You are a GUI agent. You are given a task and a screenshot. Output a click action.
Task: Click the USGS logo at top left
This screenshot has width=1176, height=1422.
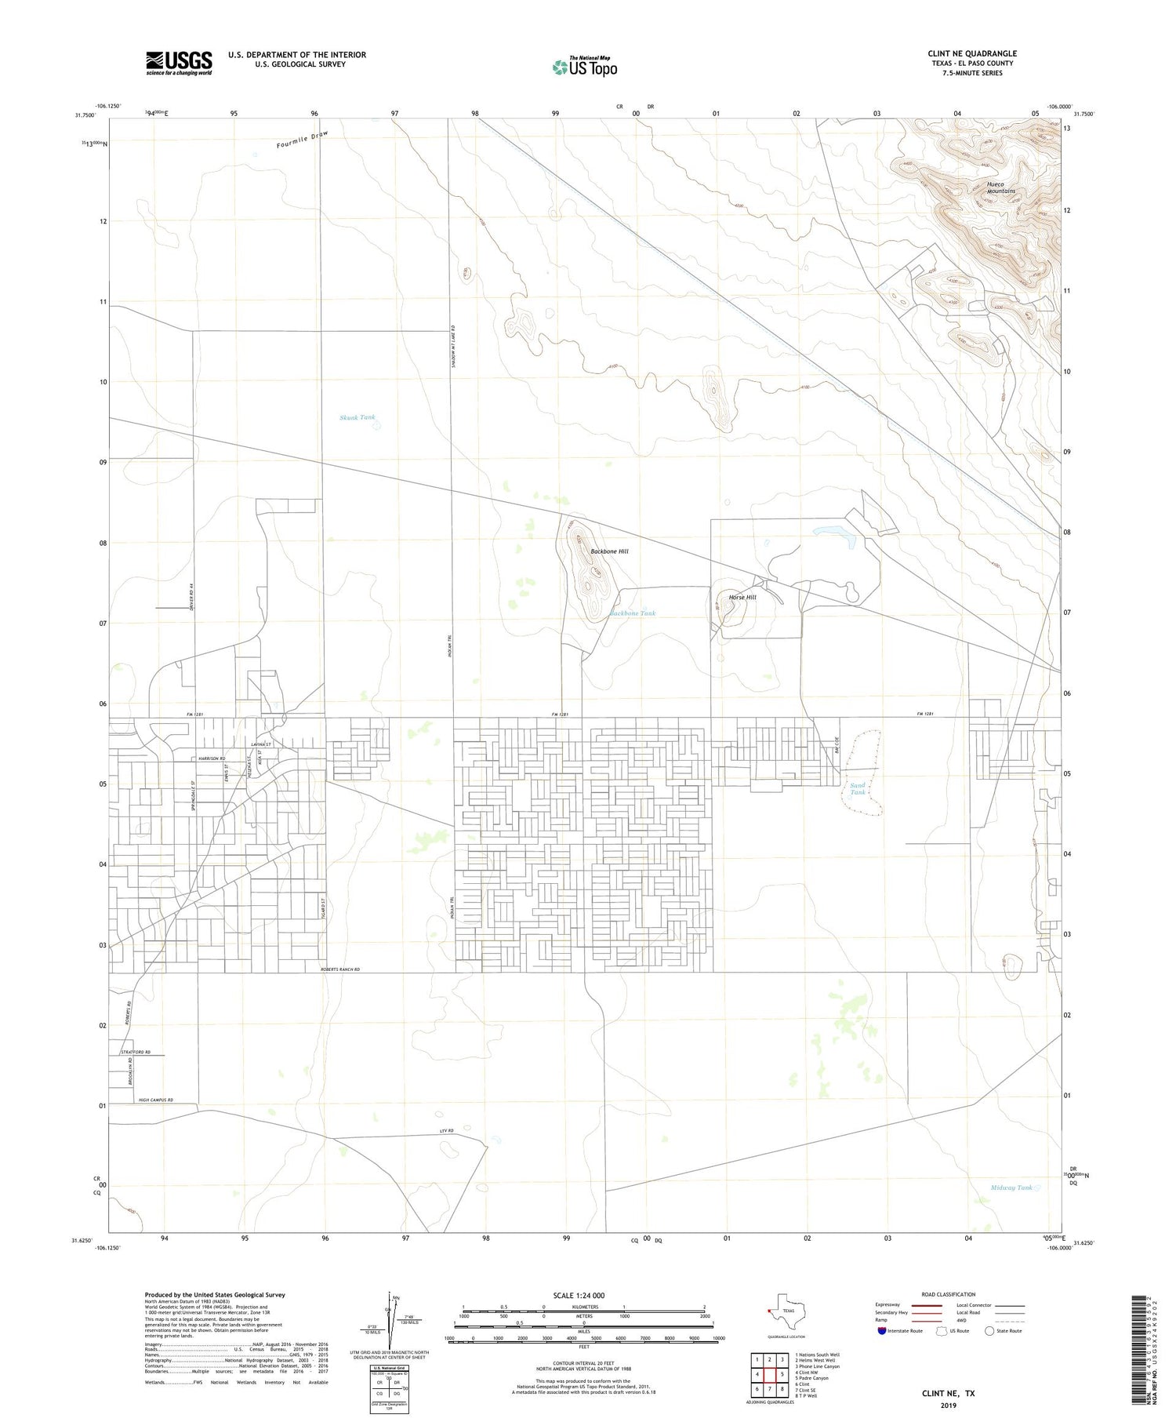179,63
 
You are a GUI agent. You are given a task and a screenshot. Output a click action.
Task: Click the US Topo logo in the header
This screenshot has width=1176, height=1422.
584,67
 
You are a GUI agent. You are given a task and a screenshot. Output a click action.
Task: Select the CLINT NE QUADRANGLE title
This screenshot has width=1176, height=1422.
972,53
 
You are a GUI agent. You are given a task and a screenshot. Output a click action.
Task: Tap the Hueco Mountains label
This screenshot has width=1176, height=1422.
1000,187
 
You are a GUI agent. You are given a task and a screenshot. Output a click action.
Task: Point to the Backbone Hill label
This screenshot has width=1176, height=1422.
609,551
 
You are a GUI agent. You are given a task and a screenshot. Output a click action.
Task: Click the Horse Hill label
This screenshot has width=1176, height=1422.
742,598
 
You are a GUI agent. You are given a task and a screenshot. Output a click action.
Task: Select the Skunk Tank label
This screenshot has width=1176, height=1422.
358,418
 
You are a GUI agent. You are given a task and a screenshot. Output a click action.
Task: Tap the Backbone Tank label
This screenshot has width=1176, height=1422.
633,613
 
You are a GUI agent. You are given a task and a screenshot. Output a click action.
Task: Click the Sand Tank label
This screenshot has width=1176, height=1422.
858,788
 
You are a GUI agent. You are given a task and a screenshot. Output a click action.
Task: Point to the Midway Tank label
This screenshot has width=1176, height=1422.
1011,1187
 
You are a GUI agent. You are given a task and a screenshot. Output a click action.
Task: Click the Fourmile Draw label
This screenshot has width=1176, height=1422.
302,140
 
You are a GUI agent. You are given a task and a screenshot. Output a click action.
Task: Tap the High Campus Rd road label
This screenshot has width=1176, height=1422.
155,1100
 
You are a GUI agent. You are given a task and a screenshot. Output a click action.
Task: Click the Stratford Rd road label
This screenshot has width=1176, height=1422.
135,1052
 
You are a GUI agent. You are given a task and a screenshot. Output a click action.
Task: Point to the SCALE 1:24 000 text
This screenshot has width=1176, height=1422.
579,1295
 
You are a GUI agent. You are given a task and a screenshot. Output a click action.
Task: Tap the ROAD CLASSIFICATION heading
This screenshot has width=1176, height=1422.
949,1294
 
